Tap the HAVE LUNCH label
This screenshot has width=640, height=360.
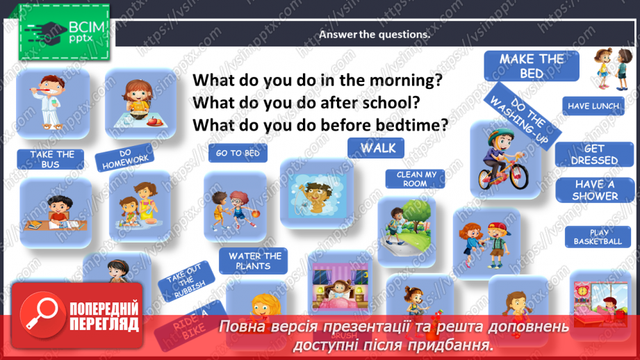pyautogui.click(x=593, y=106)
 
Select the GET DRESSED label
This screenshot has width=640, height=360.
pyautogui.click(x=594, y=154)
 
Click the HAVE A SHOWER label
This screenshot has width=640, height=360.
pyautogui.click(x=595, y=190)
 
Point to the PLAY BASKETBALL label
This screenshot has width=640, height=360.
pyautogui.click(x=598, y=237)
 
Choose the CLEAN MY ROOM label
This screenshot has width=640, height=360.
pyautogui.click(x=416, y=179)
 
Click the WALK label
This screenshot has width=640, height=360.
pyautogui.click(x=378, y=147)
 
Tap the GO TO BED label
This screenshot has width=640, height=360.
pyautogui.click(x=238, y=154)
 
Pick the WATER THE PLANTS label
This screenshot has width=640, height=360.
pyautogui.click(x=255, y=261)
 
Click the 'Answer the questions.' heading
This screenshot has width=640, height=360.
pyautogui.click(x=375, y=34)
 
